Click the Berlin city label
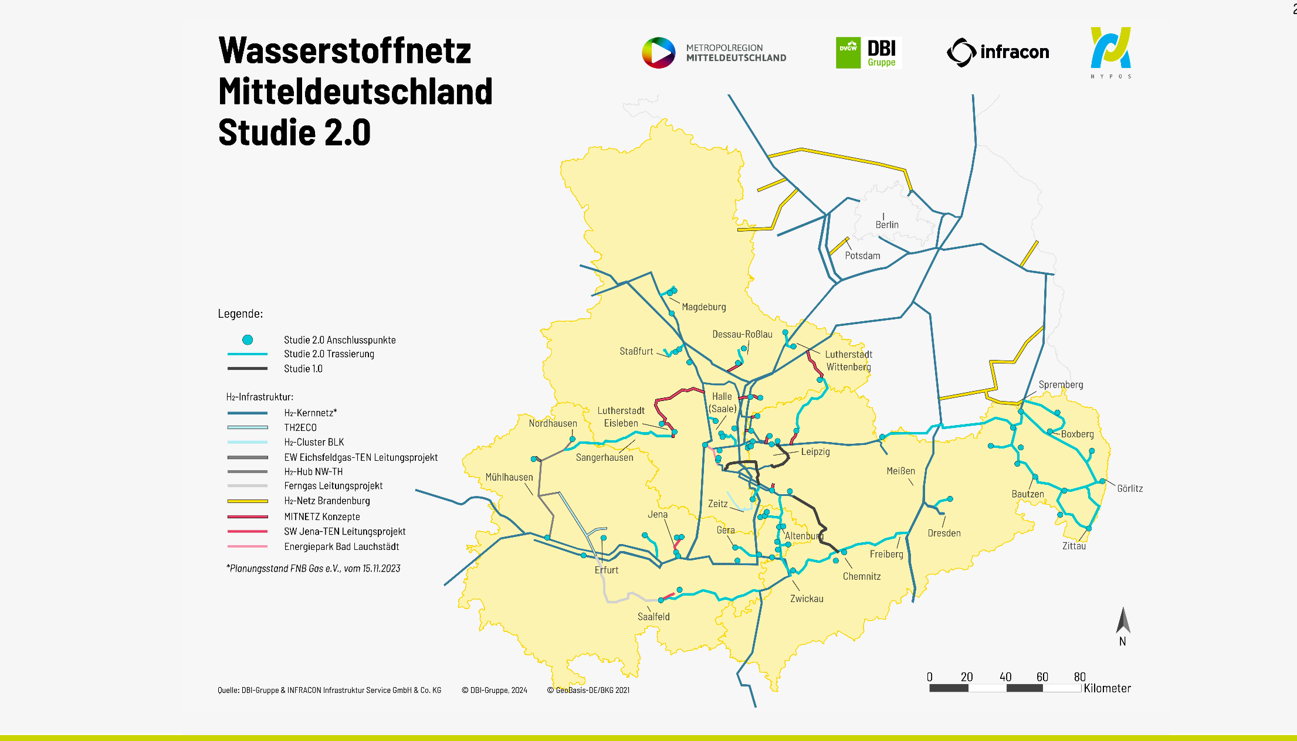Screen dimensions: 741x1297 click(886, 225)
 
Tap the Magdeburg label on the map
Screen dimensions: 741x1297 click(703, 307)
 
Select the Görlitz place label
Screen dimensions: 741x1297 click(1129, 488)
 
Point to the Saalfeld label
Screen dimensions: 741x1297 click(653, 617)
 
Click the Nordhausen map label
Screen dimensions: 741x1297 click(553, 423)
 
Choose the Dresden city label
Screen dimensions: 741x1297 click(944, 533)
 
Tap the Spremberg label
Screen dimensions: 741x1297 click(1061, 385)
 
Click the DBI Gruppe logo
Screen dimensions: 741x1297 click(868, 53)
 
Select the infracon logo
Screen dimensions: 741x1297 click(998, 52)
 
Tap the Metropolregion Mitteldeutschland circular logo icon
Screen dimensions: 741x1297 click(658, 53)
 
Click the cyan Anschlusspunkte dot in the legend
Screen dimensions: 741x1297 click(248, 340)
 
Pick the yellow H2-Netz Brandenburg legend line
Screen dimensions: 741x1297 click(248, 501)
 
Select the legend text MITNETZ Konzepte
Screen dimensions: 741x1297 click(321, 516)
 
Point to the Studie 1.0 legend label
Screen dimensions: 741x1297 click(303, 369)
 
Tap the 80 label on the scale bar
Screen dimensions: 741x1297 click(1079, 677)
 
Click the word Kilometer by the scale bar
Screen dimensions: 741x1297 click(1107, 688)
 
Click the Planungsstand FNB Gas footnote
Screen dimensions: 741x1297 click(313, 568)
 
